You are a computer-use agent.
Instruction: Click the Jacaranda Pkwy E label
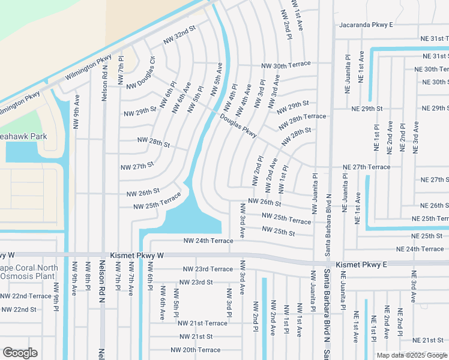pyautogui.click(x=366, y=25)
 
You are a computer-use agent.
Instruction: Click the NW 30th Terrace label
pyautogui.click(x=286, y=64)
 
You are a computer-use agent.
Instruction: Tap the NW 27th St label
pyautogui.click(x=137, y=165)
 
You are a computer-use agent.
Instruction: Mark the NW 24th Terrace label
pyautogui.click(x=208, y=241)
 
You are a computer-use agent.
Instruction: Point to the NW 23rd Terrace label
pyautogui.click(x=208, y=269)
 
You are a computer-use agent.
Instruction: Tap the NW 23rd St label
pyautogui.click(x=196, y=282)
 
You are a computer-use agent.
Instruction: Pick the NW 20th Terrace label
pyautogui.click(x=196, y=350)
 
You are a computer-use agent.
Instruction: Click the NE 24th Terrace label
pyautogui.click(x=420, y=249)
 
